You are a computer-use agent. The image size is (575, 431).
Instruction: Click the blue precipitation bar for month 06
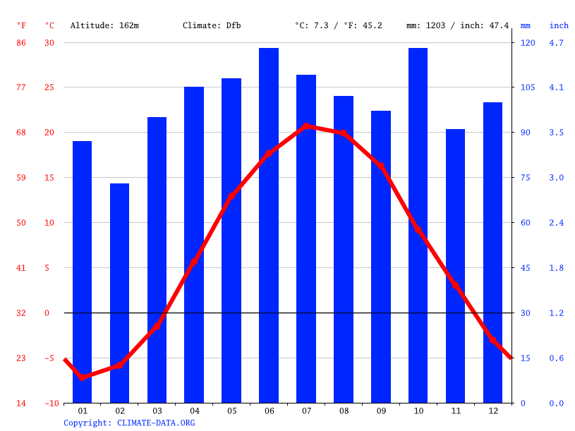click(x=269, y=226)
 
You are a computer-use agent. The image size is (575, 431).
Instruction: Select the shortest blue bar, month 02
click(x=119, y=293)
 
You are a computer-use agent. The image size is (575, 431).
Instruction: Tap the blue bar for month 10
click(x=418, y=226)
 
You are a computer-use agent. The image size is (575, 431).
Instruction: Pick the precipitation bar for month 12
click(x=492, y=253)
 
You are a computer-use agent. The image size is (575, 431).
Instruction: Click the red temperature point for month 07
click(x=306, y=126)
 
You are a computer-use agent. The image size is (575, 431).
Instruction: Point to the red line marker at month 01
click(x=83, y=377)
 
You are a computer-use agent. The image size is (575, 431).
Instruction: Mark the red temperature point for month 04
click(x=194, y=262)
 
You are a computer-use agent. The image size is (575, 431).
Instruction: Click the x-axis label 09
click(x=381, y=411)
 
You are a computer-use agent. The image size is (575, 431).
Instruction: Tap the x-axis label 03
click(x=157, y=411)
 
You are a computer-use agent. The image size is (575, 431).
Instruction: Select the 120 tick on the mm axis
click(x=528, y=43)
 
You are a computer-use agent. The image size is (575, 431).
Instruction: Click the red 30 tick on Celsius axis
click(x=49, y=43)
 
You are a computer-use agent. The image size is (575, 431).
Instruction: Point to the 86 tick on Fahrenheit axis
click(x=21, y=43)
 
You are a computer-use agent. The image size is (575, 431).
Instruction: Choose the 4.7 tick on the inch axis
click(x=556, y=43)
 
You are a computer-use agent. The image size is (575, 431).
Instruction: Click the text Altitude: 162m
click(x=104, y=25)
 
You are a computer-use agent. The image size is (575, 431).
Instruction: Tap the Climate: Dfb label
click(x=212, y=25)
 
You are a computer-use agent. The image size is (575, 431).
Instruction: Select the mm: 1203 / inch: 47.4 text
click(x=457, y=25)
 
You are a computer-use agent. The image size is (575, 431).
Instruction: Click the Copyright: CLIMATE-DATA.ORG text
click(x=129, y=423)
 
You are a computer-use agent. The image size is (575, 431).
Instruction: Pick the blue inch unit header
click(x=559, y=25)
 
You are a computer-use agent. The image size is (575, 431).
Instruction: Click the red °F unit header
click(x=21, y=25)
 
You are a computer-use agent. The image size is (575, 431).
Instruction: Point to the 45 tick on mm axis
click(x=528, y=268)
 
